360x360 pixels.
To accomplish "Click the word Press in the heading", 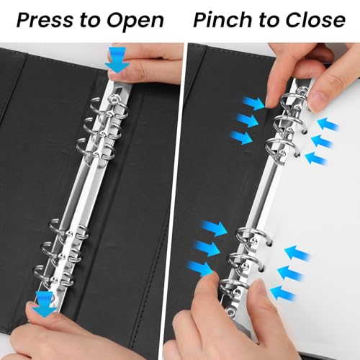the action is click(45, 19).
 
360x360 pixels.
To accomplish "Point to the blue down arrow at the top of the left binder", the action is click(117, 60).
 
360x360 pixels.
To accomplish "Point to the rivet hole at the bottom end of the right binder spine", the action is click(231, 312).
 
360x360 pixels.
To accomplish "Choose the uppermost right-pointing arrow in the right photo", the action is click(253, 104).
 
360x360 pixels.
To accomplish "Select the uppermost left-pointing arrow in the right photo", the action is click(328, 124).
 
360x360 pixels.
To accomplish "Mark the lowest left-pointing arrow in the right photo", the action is click(283, 293).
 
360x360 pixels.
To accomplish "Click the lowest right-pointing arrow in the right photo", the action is click(201, 269).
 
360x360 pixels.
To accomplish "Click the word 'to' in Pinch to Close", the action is click(269, 20).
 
